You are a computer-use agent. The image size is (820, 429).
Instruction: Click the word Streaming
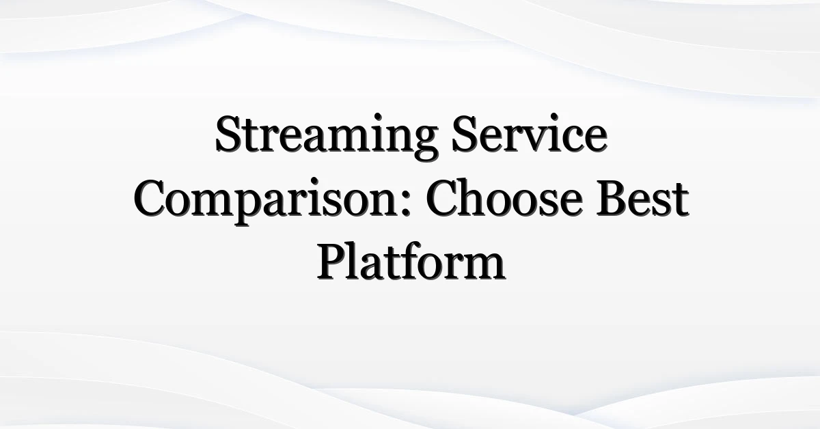pos(326,137)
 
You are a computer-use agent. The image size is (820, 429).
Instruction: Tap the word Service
pos(530,133)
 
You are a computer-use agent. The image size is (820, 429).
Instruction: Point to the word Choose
pos(504,197)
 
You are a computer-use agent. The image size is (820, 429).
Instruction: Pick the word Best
pos(643,198)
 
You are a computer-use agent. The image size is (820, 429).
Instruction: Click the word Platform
pos(411,261)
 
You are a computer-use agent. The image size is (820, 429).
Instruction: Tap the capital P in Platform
pos(333,262)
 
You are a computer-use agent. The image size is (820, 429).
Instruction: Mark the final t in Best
pos(680,202)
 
